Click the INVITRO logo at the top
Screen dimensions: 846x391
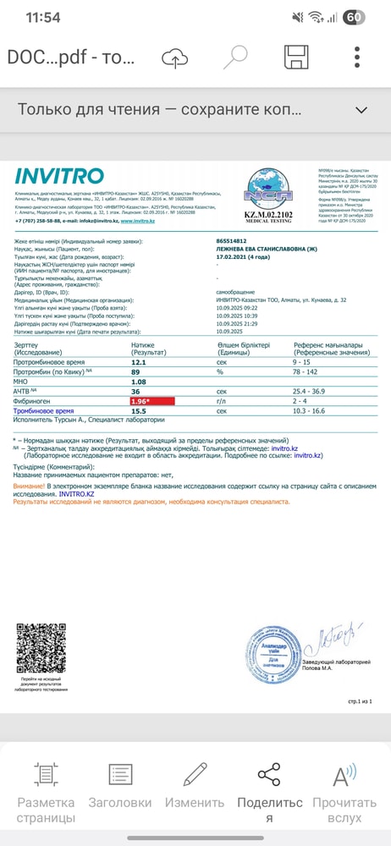[59, 177]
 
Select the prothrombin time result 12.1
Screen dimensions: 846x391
[139, 361]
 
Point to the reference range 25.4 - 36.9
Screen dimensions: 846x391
[316, 391]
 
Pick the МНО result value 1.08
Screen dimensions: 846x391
[138, 382]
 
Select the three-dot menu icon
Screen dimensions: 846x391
[358, 58]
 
